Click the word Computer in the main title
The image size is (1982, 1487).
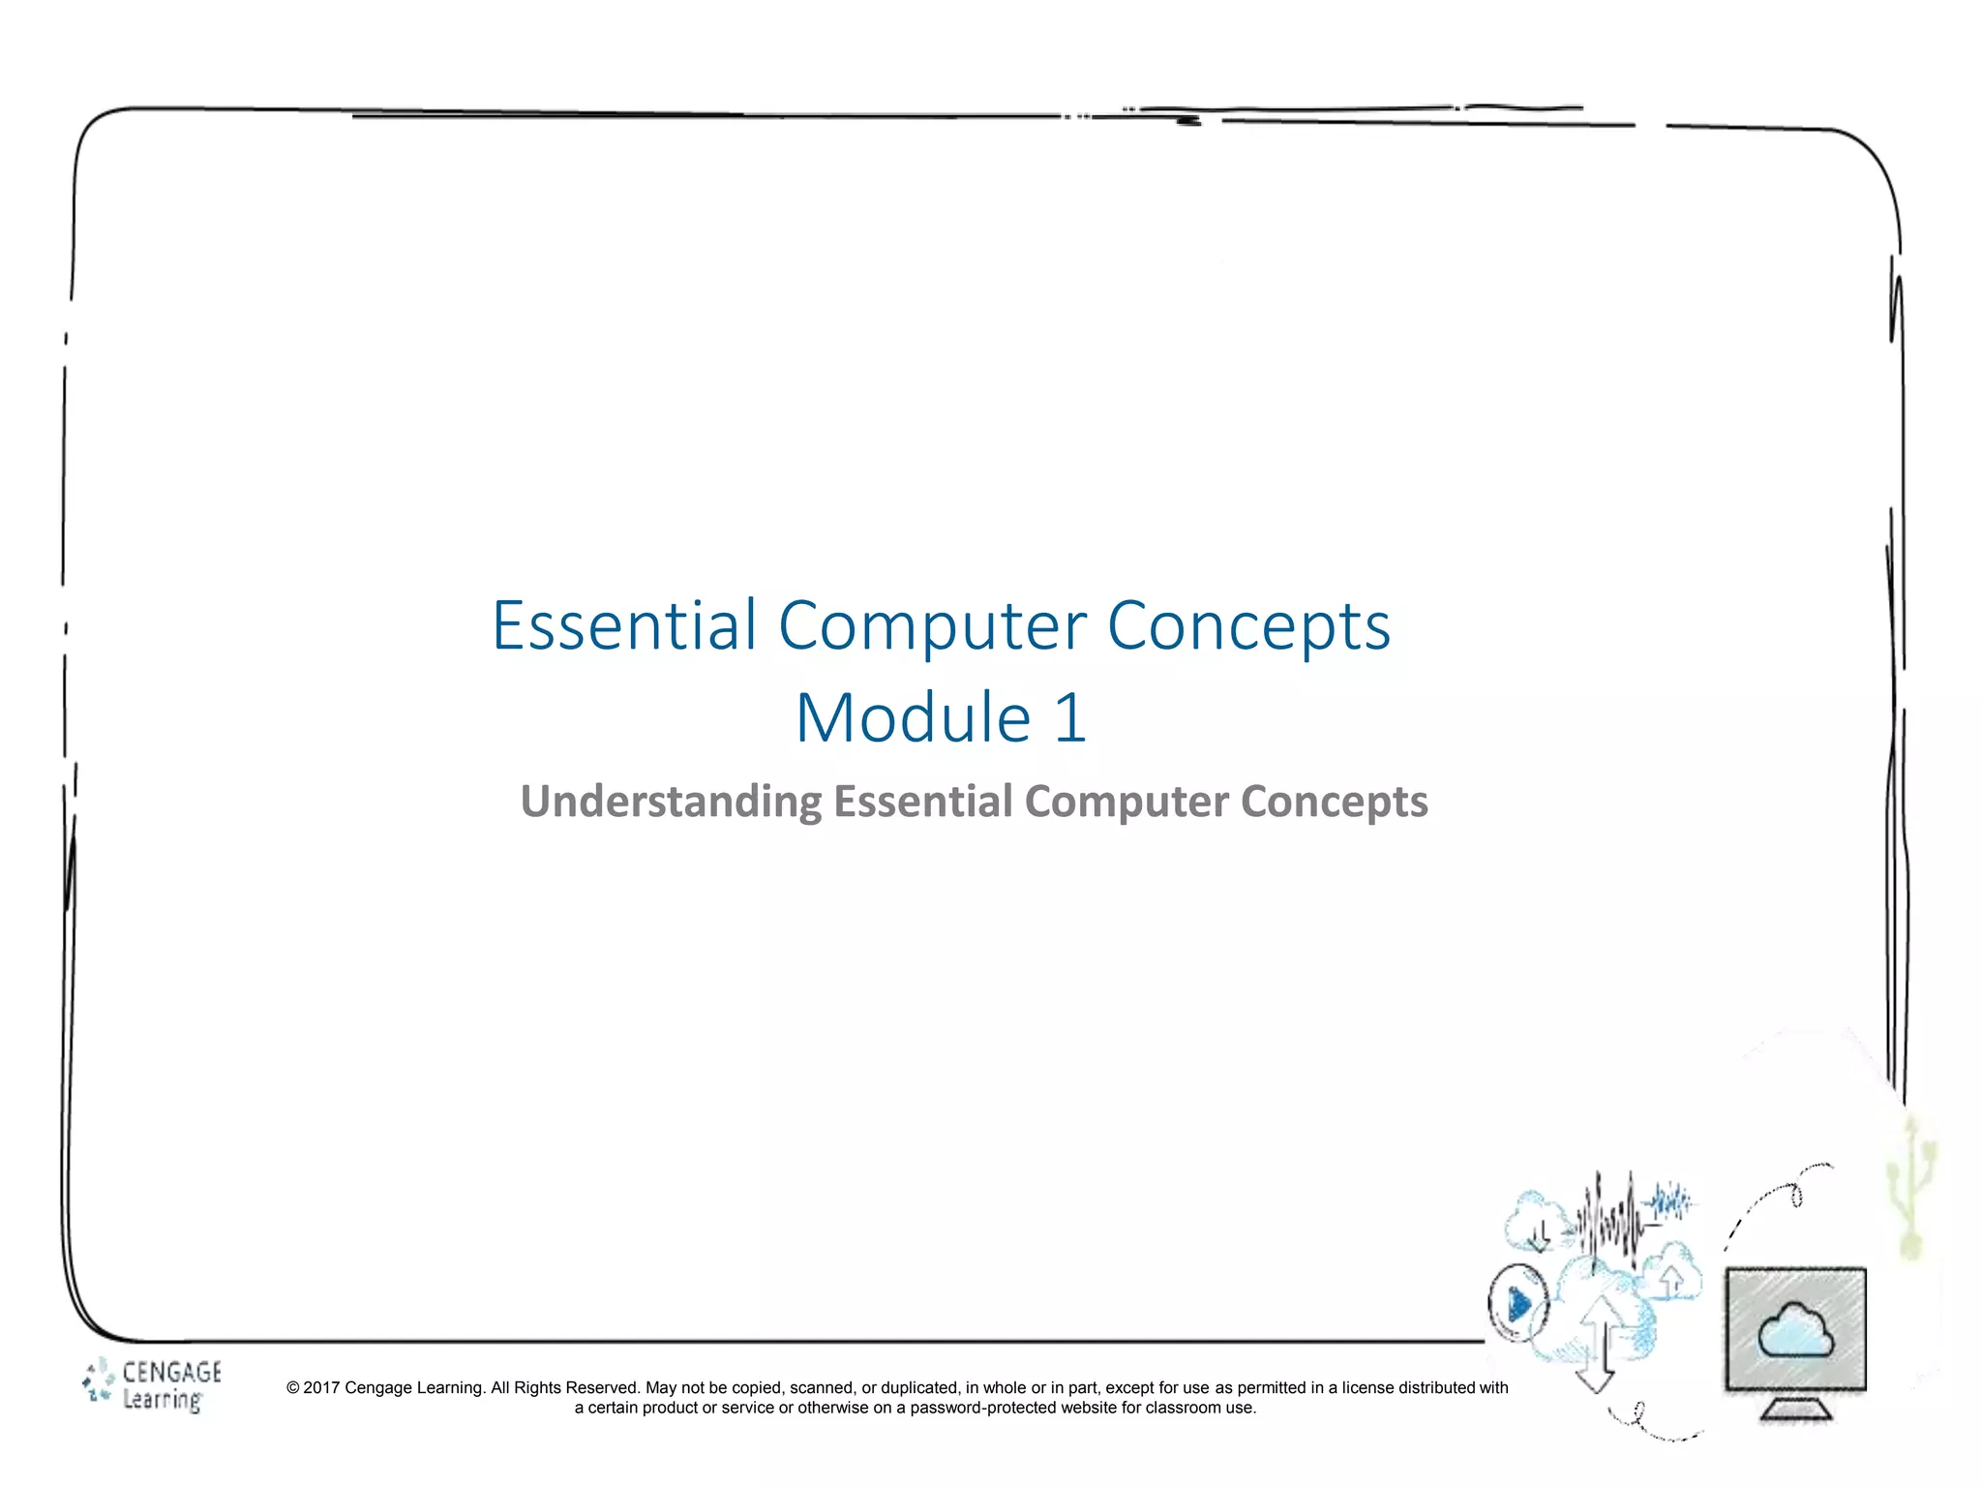click(x=932, y=625)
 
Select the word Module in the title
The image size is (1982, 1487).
click(x=914, y=718)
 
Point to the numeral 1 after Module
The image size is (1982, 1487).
click(x=1069, y=718)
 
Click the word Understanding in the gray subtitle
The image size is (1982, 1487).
click(x=671, y=803)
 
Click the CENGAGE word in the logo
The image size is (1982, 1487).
click(x=171, y=1372)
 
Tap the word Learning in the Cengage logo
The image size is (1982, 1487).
click(x=162, y=1400)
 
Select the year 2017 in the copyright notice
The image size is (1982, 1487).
click(x=321, y=1388)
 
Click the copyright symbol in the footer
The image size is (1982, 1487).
click(x=292, y=1388)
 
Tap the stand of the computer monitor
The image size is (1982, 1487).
click(x=1795, y=1409)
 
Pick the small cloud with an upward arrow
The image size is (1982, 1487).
click(x=1672, y=1273)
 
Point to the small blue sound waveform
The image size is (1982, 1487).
click(x=1671, y=1203)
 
